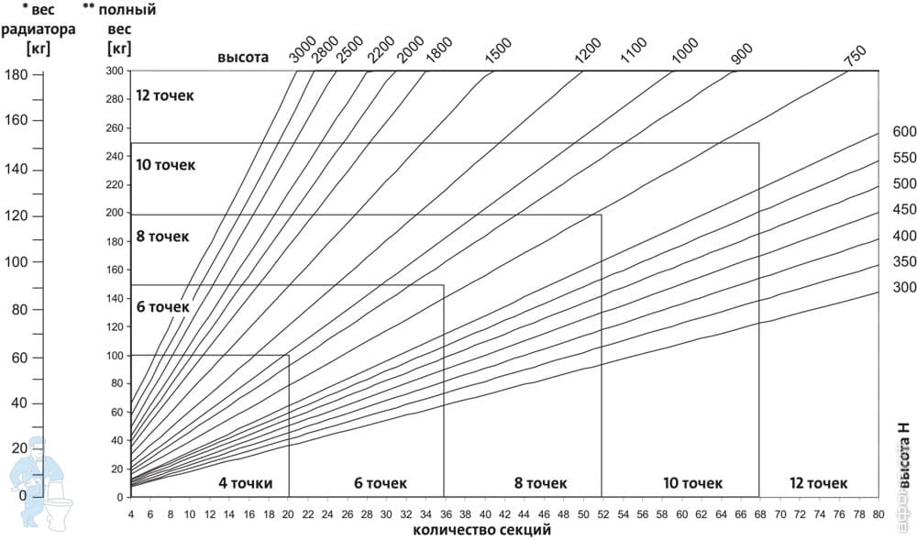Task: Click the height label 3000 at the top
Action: click(x=304, y=49)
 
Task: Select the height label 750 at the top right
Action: click(x=854, y=55)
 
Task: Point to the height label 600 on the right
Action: click(x=904, y=132)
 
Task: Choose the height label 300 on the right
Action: click(x=904, y=288)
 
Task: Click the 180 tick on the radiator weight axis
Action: click(x=16, y=75)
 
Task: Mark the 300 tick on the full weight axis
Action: click(x=115, y=71)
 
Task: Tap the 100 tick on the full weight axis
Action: click(x=115, y=355)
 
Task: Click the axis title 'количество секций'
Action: click(x=482, y=529)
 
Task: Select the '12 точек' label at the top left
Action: click(x=165, y=95)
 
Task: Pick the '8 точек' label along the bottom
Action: click(x=540, y=483)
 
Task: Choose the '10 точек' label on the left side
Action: click(x=165, y=165)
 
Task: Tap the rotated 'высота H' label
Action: click(x=905, y=456)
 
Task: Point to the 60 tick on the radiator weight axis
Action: click(x=18, y=359)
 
